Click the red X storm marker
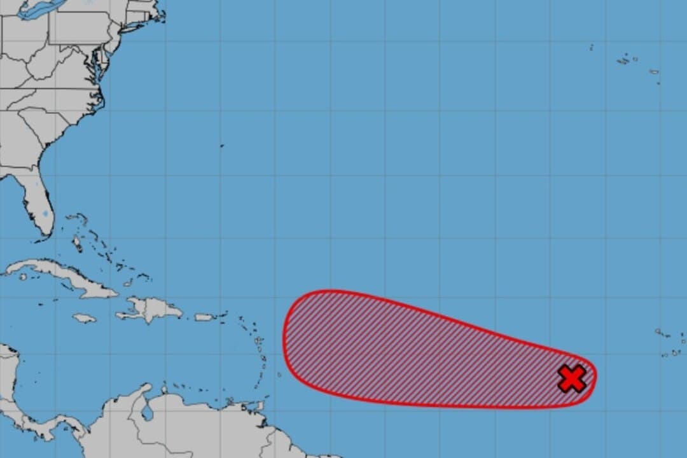pos(572,378)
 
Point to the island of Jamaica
pos(84,317)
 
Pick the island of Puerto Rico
pos(203,317)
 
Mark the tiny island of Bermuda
pos(222,146)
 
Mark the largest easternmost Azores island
pos(653,72)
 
